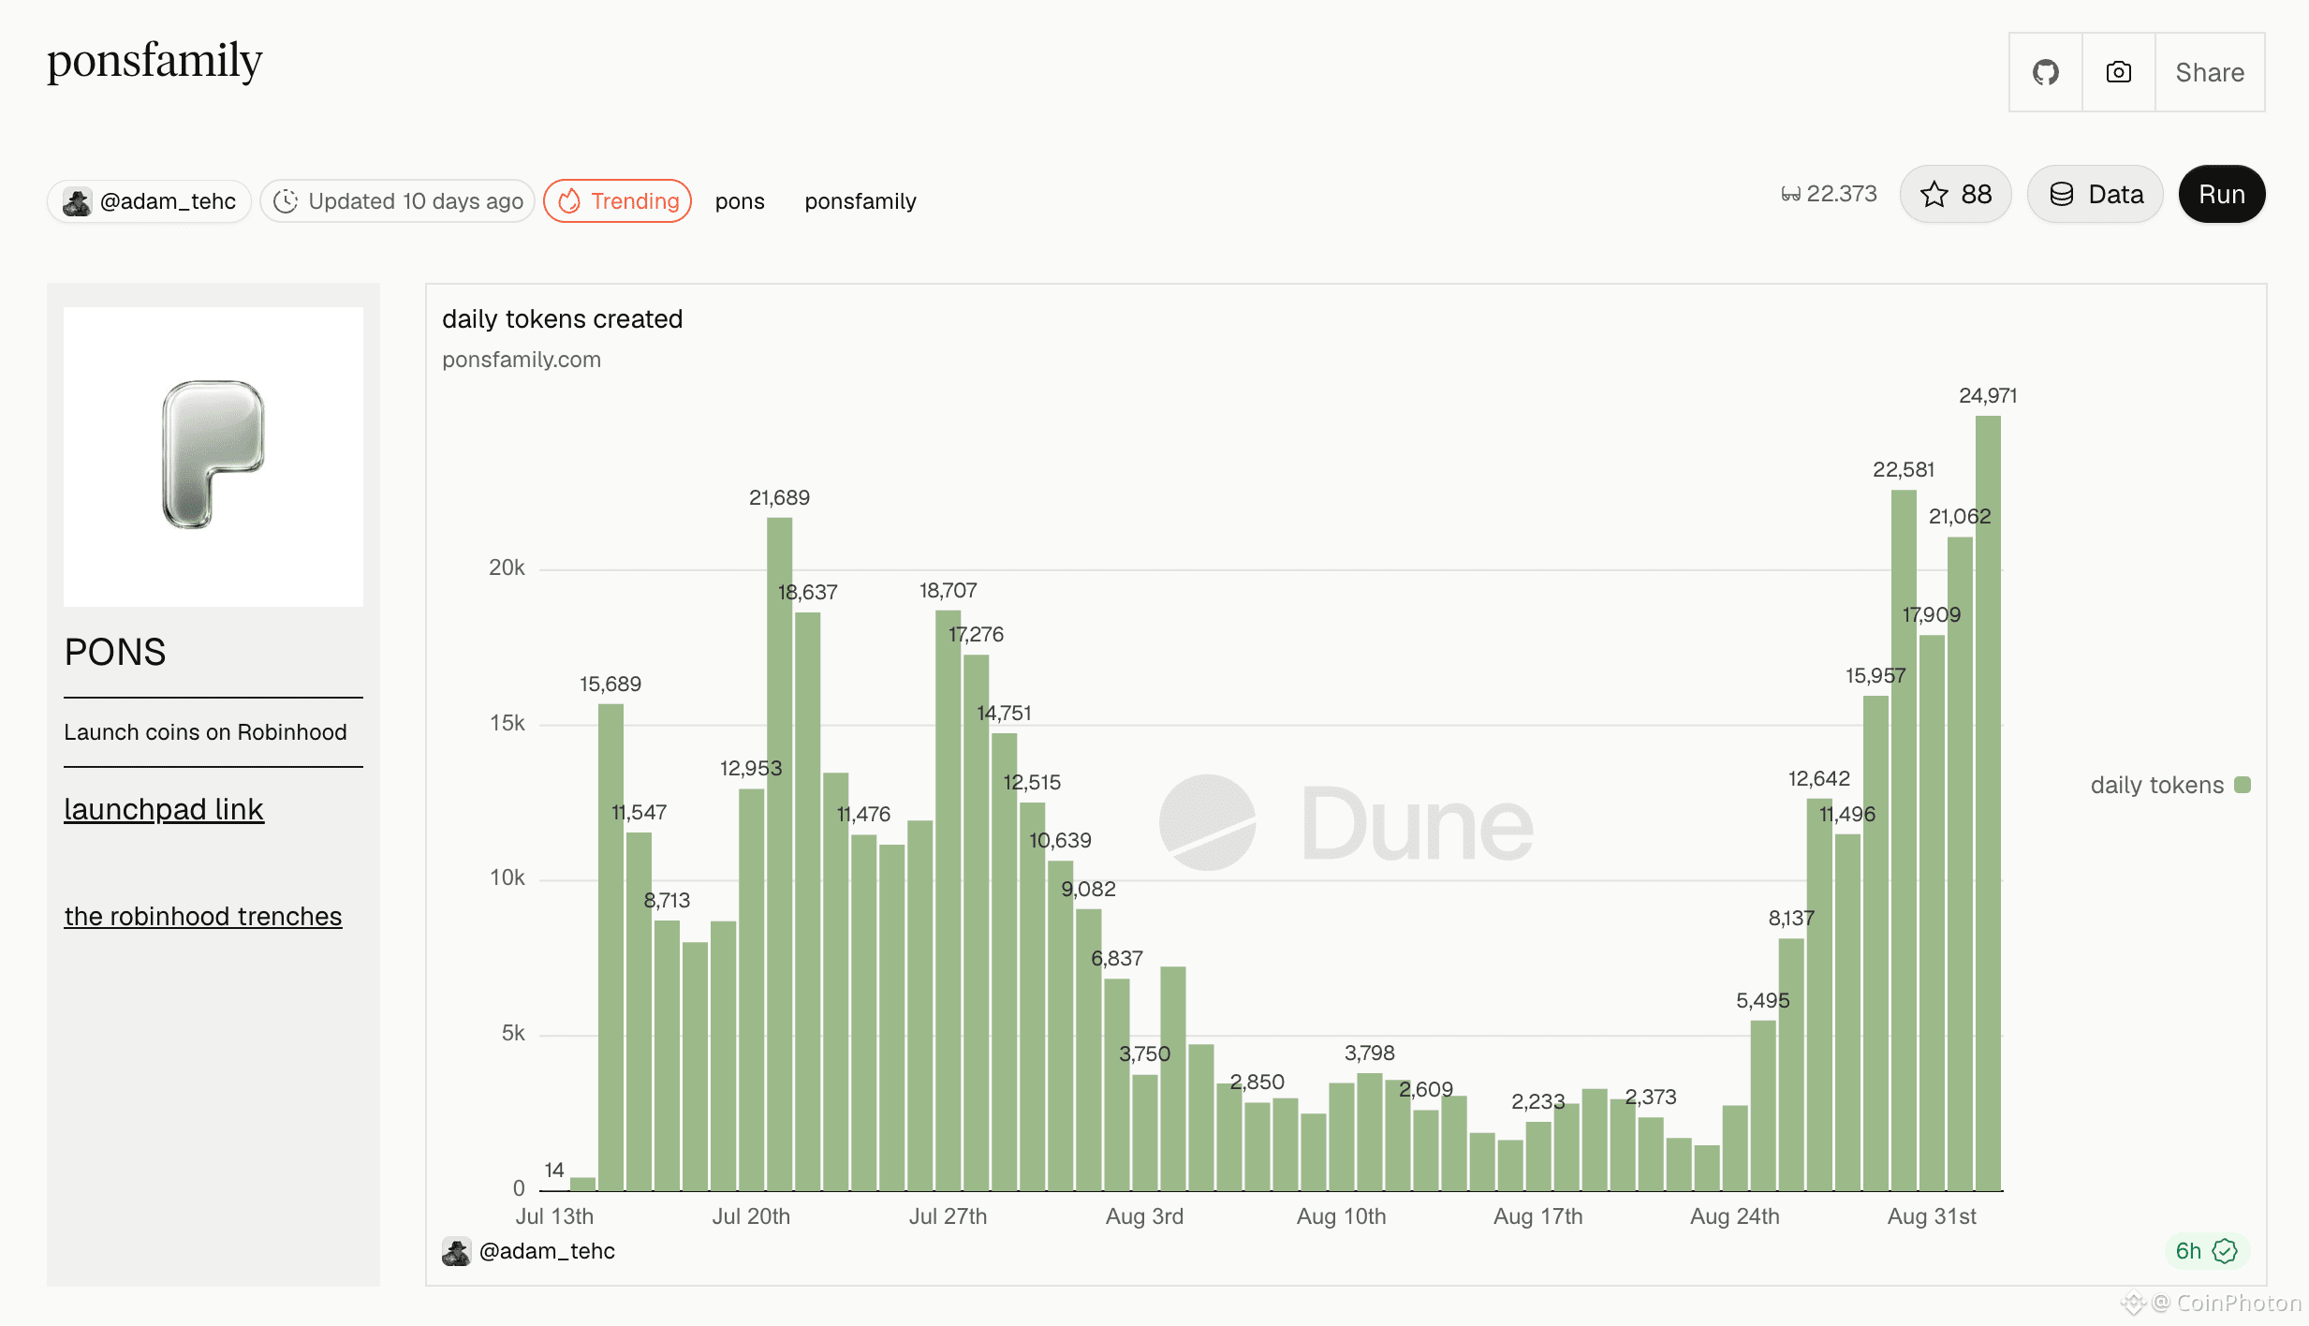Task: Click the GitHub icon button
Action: (2046, 72)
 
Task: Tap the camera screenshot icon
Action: (2119, 72)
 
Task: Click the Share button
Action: (2210, 72)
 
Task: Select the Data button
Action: (2096, 194)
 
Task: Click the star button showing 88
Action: (1955, 194)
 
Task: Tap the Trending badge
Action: (618, 200)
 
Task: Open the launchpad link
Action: (164, 809)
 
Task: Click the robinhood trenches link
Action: (203, 916)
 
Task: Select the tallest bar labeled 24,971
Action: (1988, 803)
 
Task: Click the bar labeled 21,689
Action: (779, 854)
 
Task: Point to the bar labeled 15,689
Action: (610, 947)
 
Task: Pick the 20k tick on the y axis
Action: (507, 567)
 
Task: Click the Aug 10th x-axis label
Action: (1341, 1216)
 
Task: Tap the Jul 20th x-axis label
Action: (751, 1216)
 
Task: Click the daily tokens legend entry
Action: (2169, 785)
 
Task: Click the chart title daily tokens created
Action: (562, 319)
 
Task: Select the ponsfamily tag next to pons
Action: (860, 201)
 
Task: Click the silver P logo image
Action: (213, 455)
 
